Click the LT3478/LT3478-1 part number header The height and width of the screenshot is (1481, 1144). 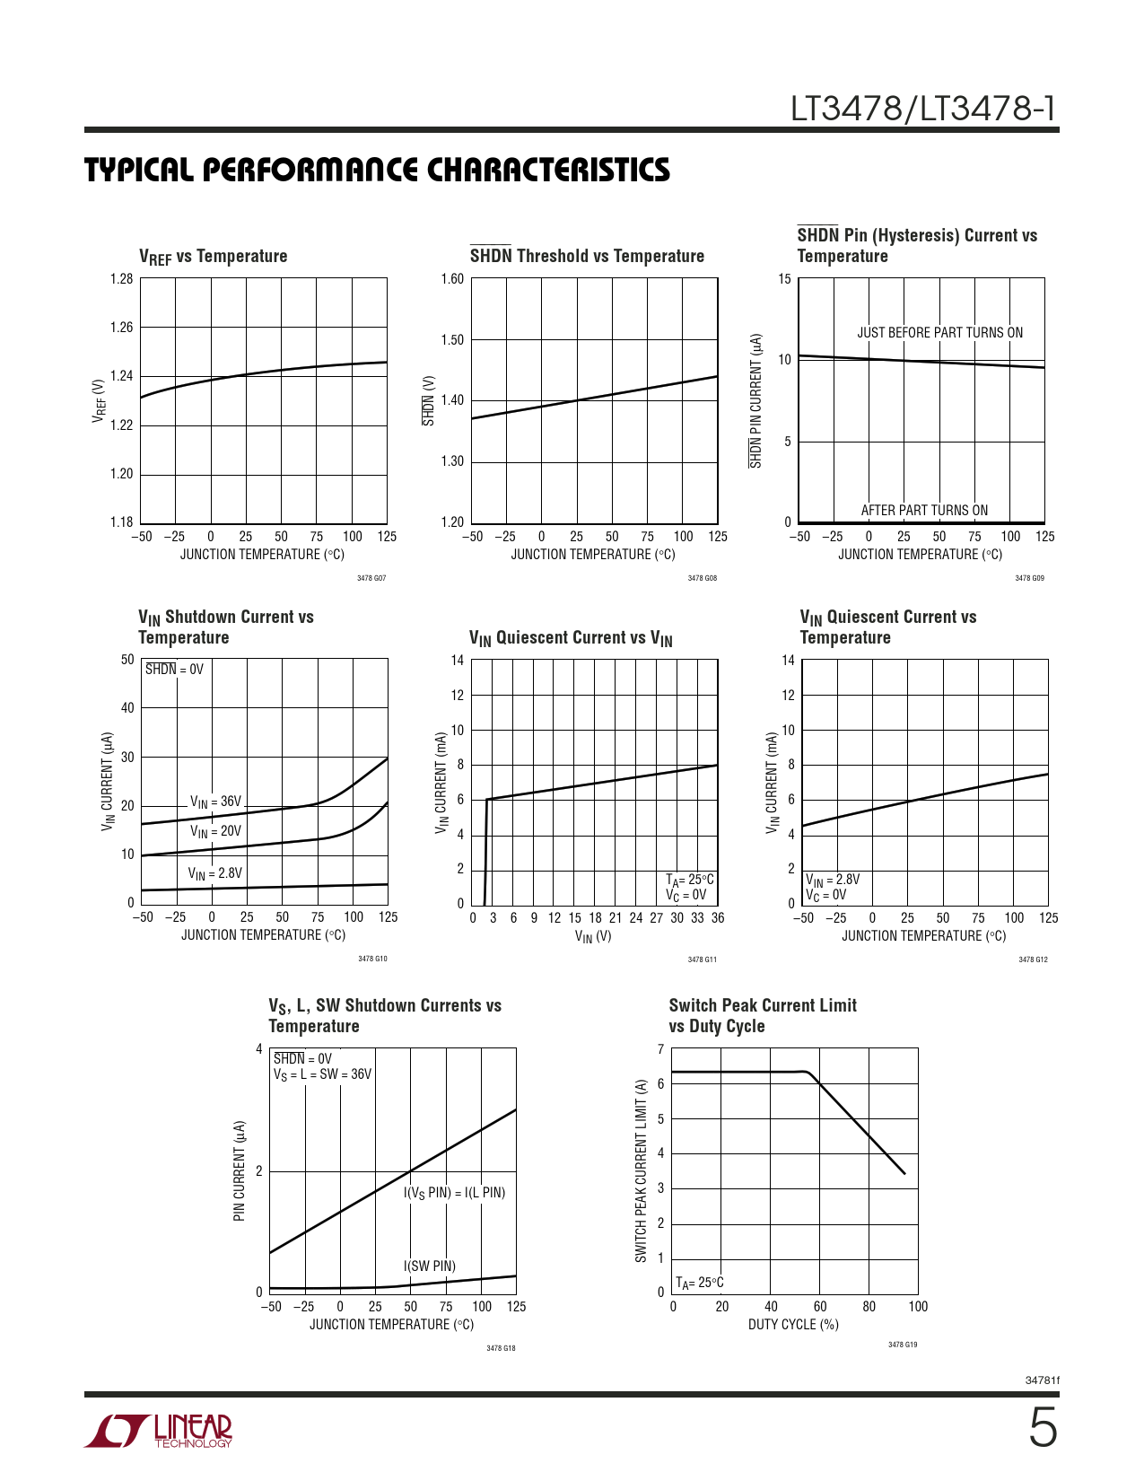click(x=922, y=110)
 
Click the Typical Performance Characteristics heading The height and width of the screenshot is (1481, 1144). click(x=377, y=171)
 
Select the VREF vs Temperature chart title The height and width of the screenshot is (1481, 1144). click(x=213, y=257)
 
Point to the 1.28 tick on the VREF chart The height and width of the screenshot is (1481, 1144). click(x=121, y=279)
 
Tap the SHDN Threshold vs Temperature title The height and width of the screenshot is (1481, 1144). click(x=587, y=257)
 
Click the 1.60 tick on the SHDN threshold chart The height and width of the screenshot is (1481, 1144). click(x=452, y=279)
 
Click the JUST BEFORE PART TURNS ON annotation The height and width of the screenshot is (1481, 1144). click(x=939, y=333)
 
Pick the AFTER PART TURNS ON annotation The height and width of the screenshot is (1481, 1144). click(x=924, y=511)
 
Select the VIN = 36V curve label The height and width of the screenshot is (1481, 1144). click(x=215, y=802)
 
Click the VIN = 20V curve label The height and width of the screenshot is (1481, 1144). click(x=215, y=831)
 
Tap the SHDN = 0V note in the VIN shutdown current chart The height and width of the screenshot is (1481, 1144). click(x=175, y=670)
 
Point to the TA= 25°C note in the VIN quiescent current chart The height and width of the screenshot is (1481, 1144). click(x=689, y=880)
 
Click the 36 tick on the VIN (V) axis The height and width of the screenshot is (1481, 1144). click(x=718, y=918)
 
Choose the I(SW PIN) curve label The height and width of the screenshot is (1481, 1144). click(x=430, y=1266)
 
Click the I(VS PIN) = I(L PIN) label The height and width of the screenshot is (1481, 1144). click(x=454, y=1193)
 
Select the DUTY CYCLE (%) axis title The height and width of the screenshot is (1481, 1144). click(x=793, y=1325)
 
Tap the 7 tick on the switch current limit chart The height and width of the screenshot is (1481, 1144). click(x=660, y=1049)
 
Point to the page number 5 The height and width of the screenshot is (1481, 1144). click(x=1042, y=1429)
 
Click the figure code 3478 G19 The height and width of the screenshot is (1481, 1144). click(x=903, y=1345)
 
